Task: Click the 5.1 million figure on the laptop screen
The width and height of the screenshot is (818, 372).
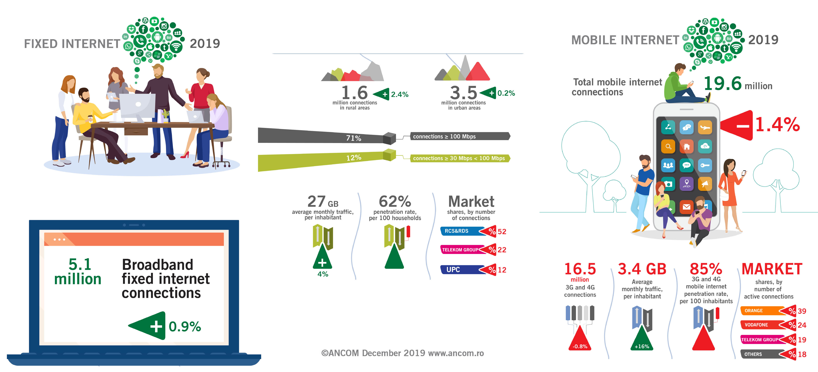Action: point(78,271)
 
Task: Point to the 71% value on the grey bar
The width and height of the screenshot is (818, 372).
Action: point(353,138)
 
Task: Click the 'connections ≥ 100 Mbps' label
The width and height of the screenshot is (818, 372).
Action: point(444,136)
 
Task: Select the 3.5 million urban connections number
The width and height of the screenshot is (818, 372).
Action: point(464,93)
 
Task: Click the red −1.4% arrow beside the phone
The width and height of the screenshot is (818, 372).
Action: point(736,125)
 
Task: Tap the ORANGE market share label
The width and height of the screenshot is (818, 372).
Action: point(754,311)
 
